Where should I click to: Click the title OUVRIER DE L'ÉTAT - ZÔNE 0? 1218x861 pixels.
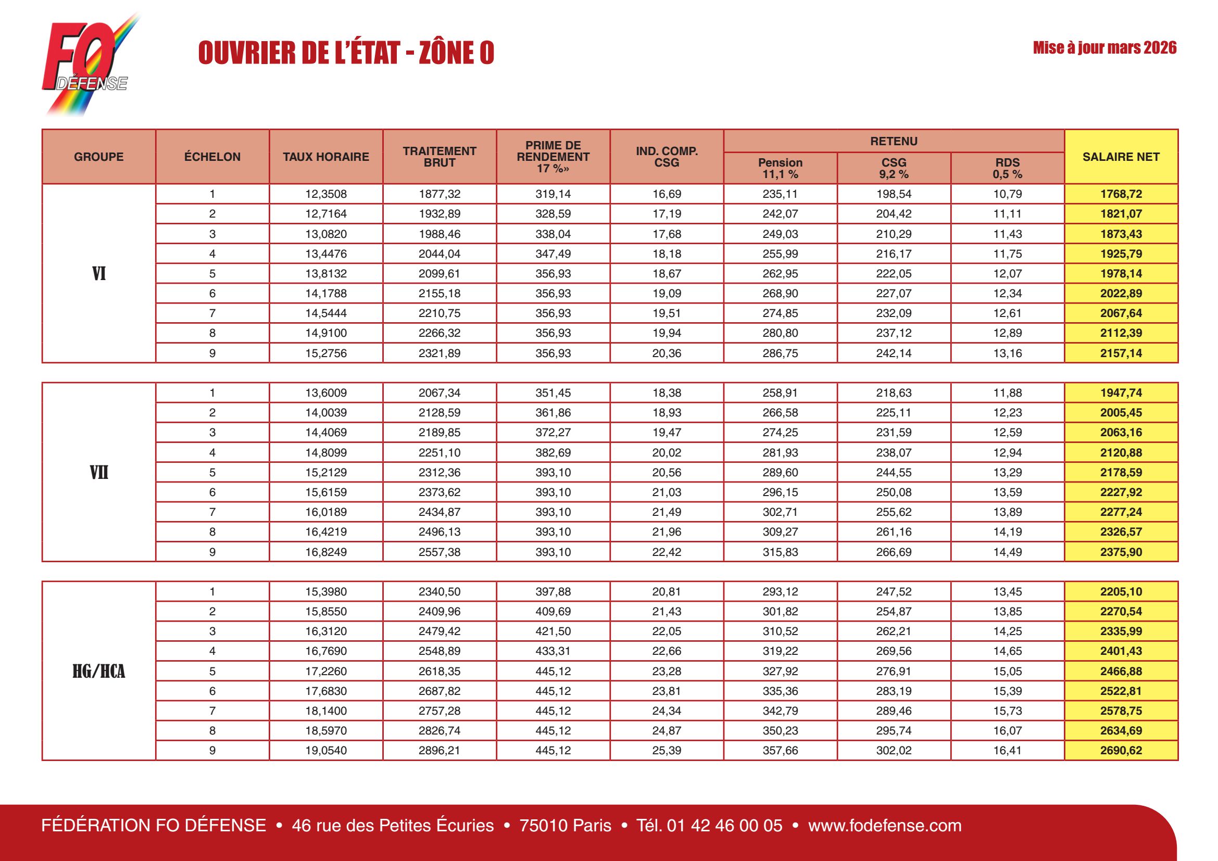346,53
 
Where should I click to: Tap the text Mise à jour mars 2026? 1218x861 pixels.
1104,48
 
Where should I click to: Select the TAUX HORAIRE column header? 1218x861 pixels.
325,157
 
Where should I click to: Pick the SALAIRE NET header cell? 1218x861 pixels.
1121,157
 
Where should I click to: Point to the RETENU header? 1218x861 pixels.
894,141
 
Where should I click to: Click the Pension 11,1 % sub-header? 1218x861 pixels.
780,168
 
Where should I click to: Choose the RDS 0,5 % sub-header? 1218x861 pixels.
1007,168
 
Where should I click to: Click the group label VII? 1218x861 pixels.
98,472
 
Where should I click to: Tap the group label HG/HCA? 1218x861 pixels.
98,671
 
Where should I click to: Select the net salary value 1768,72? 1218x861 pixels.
1121,194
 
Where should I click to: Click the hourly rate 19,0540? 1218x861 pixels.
325,750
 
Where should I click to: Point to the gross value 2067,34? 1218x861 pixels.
440,393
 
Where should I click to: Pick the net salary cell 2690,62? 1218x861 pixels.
1121,750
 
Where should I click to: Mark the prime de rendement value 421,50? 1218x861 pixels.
553,631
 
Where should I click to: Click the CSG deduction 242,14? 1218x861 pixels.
894,353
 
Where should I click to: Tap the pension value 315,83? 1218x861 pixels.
780,552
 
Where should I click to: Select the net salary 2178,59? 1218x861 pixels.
1121,472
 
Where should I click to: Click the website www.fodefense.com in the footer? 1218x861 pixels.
884,826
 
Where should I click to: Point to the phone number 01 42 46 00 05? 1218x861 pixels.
724,826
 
